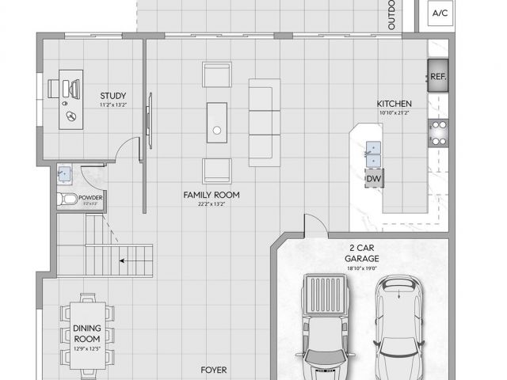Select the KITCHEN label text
pos(394,104)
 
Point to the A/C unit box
pos(440,13)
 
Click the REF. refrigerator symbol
pos(438,77)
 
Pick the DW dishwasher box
pos(373,179)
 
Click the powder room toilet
pos(67,199)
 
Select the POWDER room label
pos(89,197)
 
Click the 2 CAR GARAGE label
pos(361,253)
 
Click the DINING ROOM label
pos(87,333)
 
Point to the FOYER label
pos(213,370)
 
